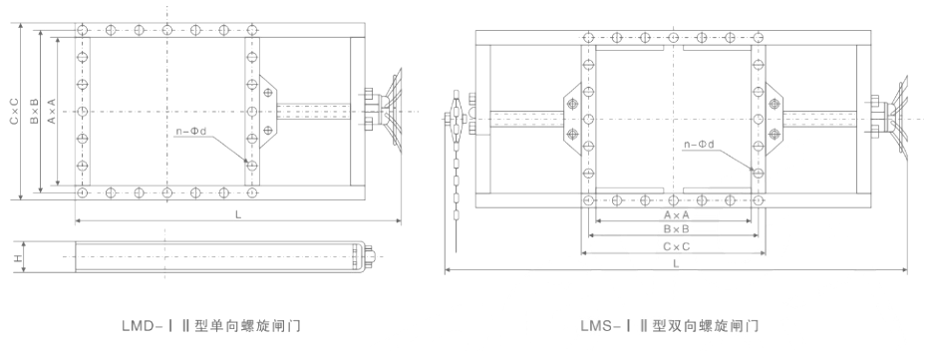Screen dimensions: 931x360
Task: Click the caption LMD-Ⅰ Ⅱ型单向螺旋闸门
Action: tap(211, 325)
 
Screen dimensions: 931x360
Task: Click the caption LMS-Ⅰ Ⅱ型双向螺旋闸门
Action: tap(670, 325)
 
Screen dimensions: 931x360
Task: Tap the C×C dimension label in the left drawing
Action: tap(14, 111)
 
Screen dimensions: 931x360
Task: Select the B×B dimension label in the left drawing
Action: tap(34, 111)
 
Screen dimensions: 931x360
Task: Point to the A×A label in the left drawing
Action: tap(52, 111)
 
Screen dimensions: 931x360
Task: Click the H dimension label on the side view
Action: tap(18, 257)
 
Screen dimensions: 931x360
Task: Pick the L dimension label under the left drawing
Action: tap(238, 214)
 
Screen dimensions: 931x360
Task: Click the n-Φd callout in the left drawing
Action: tap(191, 130)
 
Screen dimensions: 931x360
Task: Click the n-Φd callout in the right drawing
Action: tap(699, 144)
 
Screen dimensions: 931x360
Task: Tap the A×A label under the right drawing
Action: tap(676, 213)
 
